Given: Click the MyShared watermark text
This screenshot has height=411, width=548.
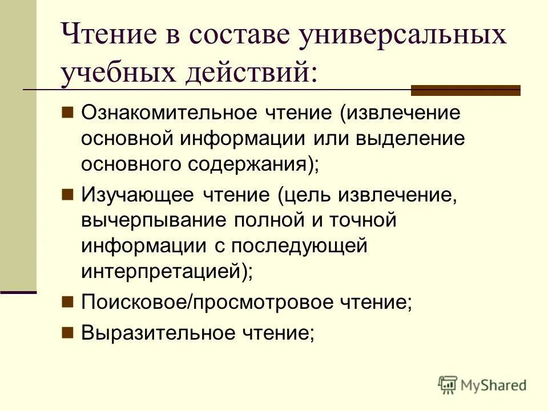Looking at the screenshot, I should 494,385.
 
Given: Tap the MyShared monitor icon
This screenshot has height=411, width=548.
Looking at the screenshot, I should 448,385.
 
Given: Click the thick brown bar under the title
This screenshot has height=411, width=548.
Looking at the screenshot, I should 466,90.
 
